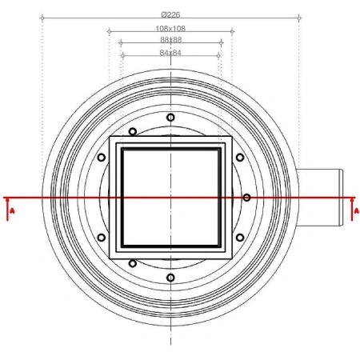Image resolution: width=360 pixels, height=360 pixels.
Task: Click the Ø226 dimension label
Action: pos(170,13)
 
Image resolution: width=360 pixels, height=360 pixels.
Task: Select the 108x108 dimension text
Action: pos(170,29)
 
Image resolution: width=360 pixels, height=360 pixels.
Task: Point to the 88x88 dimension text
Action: pos(170,39)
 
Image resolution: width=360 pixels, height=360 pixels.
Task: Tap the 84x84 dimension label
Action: pos(170,54)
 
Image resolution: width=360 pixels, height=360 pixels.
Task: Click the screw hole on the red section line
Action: pos(247,197)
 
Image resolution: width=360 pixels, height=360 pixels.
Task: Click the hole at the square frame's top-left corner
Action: pos(133,131)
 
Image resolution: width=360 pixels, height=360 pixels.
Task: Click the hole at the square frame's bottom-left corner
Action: pos(133,262)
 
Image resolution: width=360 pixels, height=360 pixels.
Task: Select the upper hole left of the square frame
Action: pos(101,158)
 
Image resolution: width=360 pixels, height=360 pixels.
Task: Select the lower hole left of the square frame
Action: pos(101,236)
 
